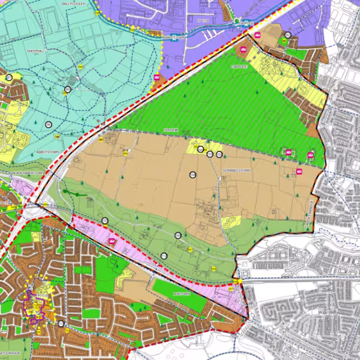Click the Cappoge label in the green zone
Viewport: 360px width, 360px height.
(x=239, y=67)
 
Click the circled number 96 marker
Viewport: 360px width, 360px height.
(x=48, y=124)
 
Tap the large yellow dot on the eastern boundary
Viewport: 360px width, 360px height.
(x=238, y=280)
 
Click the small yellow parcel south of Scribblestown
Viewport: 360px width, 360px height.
(x=231, y=222)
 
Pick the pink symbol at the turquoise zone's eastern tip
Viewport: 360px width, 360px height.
(x=157, y=77)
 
